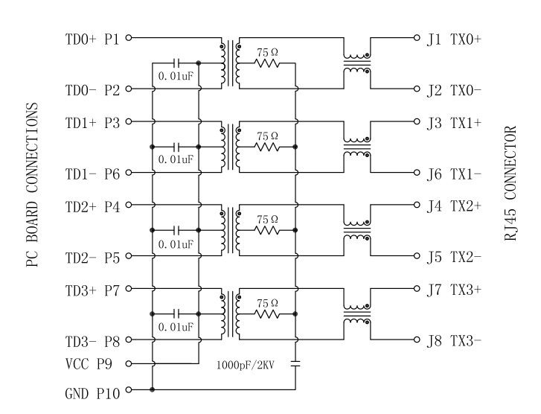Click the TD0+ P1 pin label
[x=92, y=38]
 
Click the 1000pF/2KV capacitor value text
[x=246, y=366]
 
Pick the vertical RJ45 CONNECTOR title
[x=510, y=183]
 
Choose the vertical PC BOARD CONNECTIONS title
[x=33, y=185]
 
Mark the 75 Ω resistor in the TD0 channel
[x=267, y=63]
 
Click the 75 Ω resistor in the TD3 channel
[x=267, y=314]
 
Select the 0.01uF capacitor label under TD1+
[x=176, y=159]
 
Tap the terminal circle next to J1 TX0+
[x=417, y=37]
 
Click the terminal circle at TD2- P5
[x=128, y=257]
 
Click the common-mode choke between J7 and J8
[x=356, y=314]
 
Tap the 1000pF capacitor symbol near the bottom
[x=295, y=365]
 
